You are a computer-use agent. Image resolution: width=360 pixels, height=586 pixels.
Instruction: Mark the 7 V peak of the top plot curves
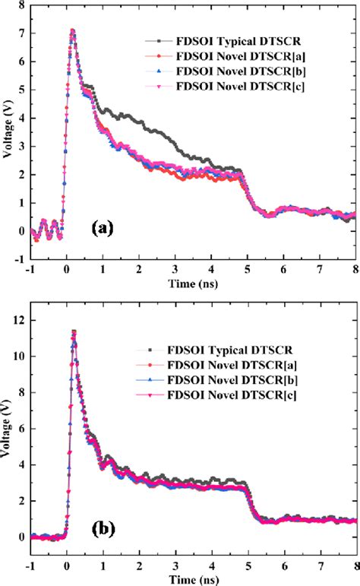pos(72,31)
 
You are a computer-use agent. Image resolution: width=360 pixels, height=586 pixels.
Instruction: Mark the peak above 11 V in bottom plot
pos(74,331)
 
